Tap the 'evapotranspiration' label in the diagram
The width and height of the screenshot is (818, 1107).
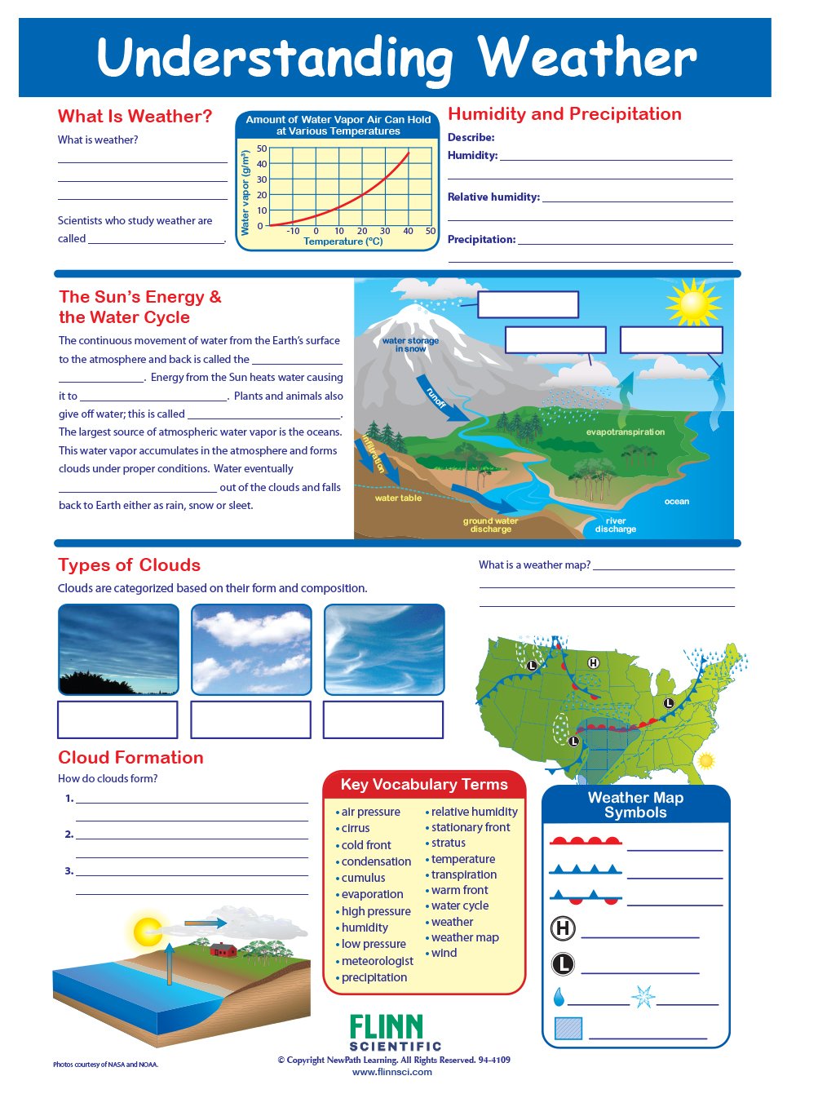tap(625, 432)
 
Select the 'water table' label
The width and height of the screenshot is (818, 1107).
tap(398, 498)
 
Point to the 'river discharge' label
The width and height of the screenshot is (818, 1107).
tap(615, 525)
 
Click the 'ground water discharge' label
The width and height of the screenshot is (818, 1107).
tap(490, 525)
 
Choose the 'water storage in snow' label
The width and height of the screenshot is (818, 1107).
tap(410, 344)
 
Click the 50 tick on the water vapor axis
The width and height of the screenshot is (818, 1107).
tap(262, 148)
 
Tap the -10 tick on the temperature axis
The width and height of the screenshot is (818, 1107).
tap(293, 231)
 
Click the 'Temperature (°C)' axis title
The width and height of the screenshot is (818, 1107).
tap(343, 241)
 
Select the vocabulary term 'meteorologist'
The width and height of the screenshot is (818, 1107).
tap(377, 961)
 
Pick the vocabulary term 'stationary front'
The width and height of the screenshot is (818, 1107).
tap(471, 827)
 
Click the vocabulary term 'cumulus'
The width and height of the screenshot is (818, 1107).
tap(363, 878)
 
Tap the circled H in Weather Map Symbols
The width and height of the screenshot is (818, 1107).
tap(563, 928)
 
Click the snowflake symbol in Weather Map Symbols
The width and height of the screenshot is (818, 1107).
tap(643, 996)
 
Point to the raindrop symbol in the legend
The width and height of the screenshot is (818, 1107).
tap(559, 997)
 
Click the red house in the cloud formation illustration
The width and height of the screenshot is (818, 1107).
tap(223, 949)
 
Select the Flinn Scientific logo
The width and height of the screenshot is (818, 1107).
tap(395, 1033)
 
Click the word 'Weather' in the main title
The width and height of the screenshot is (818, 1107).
tap(586, 58)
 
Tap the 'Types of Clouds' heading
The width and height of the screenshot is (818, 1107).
tap(129, 565)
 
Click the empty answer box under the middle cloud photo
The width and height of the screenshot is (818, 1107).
tap(250, 720)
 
